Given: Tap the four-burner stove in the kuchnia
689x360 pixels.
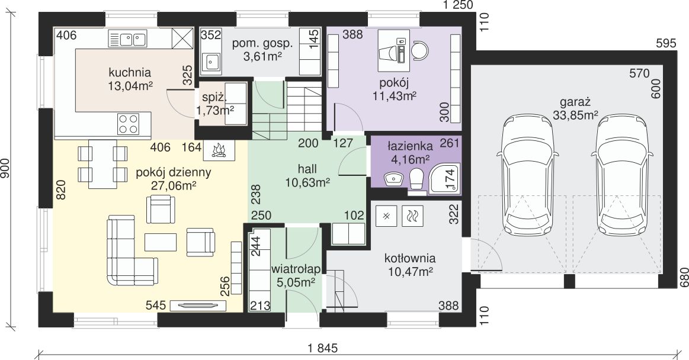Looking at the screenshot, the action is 129,123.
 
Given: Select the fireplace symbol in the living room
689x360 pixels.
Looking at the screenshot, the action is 219,150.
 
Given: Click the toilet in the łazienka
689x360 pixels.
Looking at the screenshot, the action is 416,179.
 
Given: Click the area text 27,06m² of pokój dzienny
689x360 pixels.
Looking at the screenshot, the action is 174,186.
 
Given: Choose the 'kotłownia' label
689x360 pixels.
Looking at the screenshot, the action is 410,258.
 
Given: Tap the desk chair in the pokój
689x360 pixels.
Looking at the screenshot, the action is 419,50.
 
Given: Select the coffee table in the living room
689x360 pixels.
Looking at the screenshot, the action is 161,242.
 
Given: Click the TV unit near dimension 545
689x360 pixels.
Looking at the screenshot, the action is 195,306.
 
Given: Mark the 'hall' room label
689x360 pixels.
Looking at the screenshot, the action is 307,169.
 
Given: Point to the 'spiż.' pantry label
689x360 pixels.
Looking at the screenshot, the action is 213,98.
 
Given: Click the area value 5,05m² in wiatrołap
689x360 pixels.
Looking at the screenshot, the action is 296,282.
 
